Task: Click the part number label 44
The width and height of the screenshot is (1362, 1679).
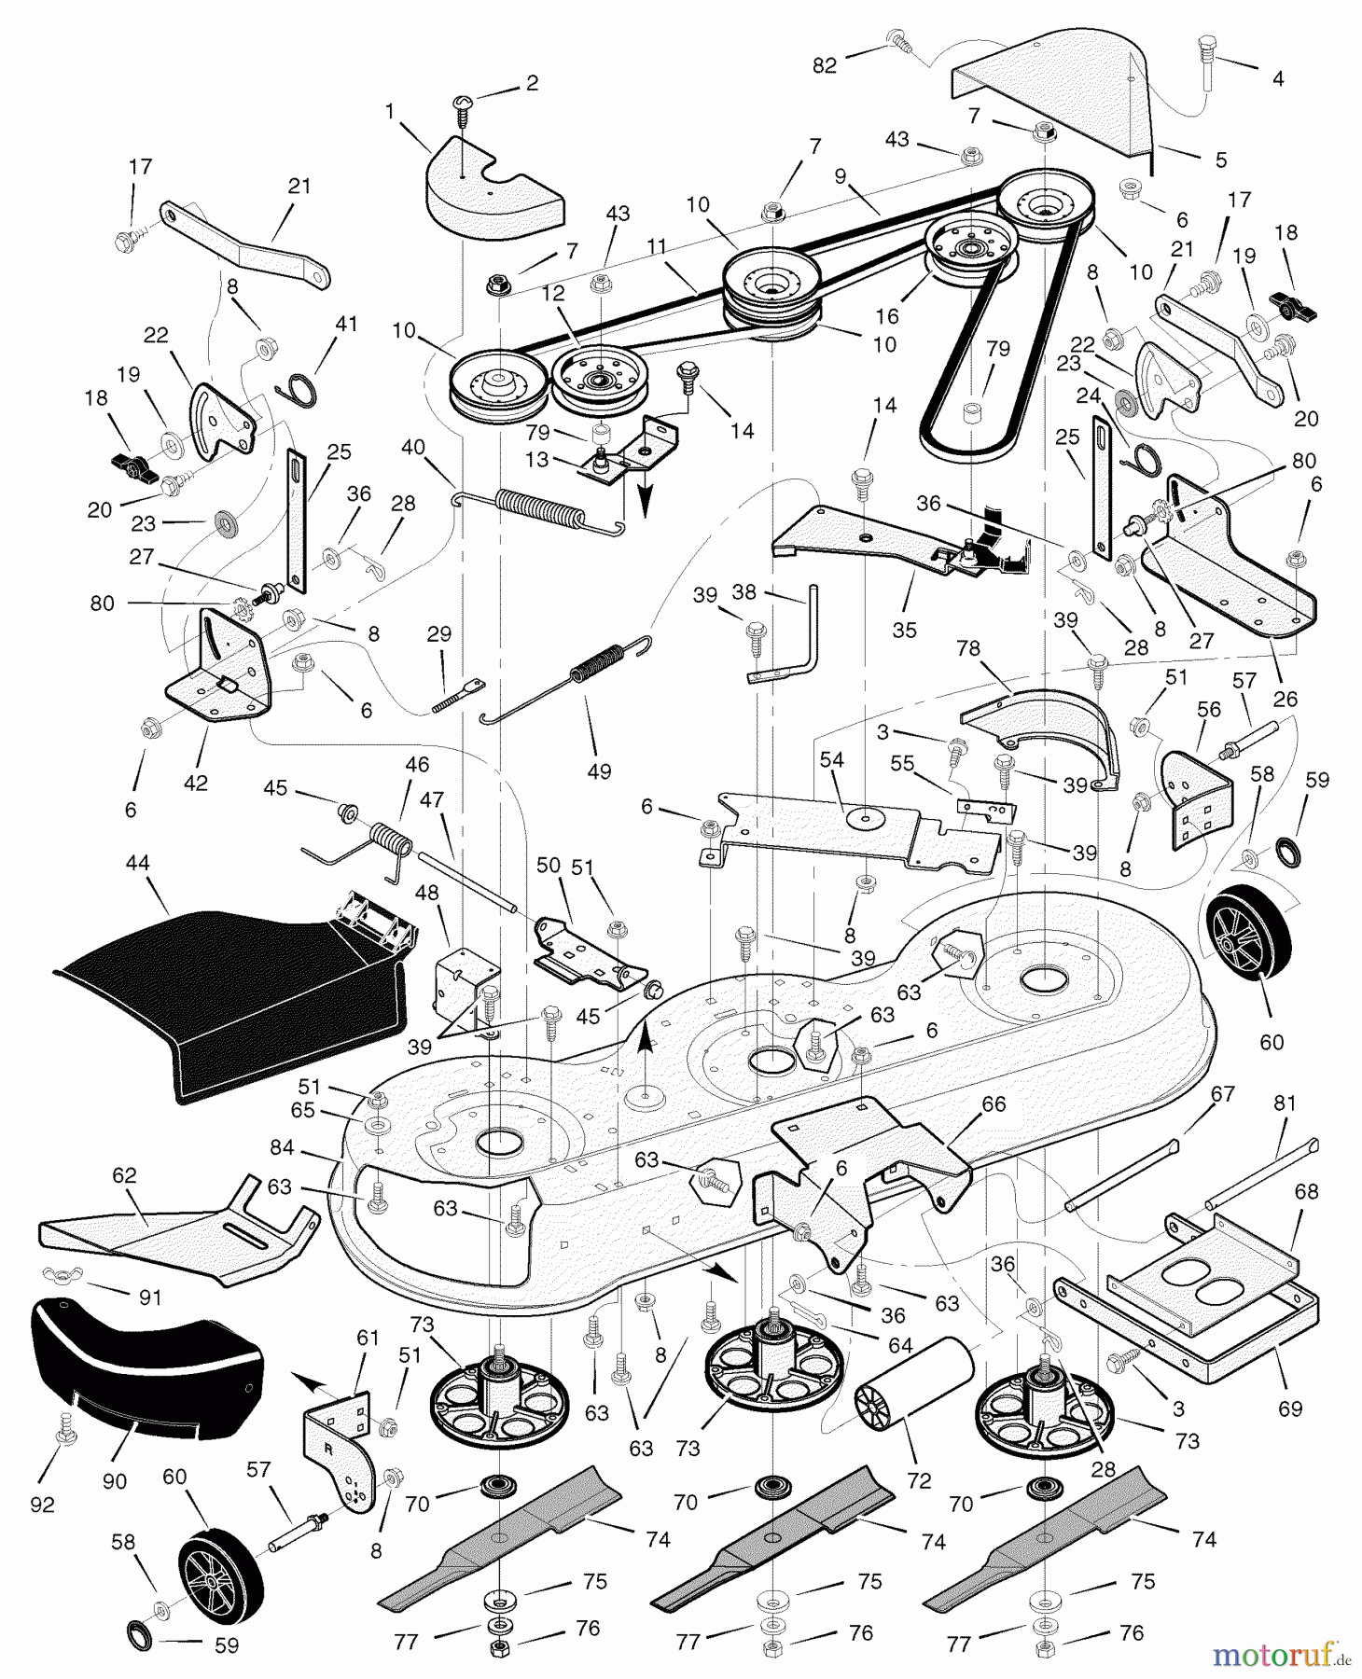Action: (x=137, y=864)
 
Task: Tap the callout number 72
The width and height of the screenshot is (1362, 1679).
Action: (x=919, y=1480)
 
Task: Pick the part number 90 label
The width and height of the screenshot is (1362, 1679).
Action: (x=115, y=1481)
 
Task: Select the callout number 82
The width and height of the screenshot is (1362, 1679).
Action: (x=824, y=66)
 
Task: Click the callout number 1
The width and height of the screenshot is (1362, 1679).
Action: (x=390, y=112)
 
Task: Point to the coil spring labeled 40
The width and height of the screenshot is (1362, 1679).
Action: (x=538, y=512)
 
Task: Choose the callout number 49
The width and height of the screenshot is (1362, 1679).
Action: (x=599, y=771)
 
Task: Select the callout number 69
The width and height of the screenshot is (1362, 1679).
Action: (x=1289, y=1408)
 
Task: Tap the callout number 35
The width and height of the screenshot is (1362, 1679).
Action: (x=904, y=630)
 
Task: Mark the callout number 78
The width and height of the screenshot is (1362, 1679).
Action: (x=968, y=647)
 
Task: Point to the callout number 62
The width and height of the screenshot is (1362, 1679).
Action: (x=124, y=1176)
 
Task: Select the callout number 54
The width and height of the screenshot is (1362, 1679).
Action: (x=831, y=760)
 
